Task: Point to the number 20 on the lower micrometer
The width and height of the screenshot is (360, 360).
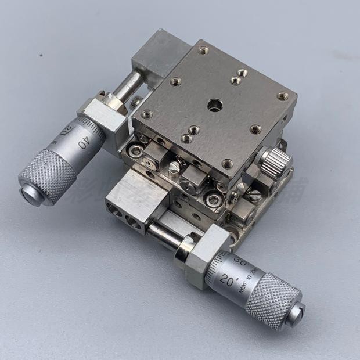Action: click(227, 283)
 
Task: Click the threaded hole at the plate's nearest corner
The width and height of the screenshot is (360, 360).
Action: click(228, 164)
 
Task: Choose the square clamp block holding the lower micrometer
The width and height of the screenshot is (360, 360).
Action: click(197, 255)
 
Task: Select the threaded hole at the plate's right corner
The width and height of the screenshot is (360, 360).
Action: click(283, 96)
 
